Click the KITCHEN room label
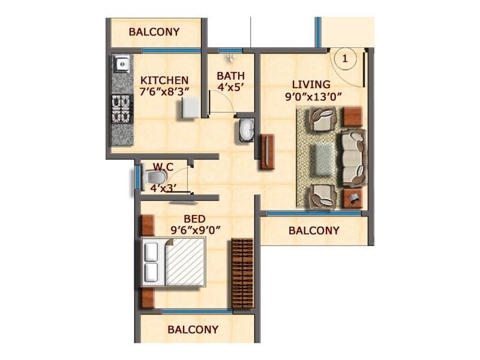pos(164,80)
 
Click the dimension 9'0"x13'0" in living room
pos(311,97)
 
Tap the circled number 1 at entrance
pos(345,58)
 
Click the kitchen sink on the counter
pos(122,62)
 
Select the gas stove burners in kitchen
pos(122,108)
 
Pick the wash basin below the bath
pos(247,130)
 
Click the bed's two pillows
pos(151,263)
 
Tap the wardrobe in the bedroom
pos(242,274)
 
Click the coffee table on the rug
pos(325,158)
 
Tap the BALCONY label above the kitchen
pos(154,32)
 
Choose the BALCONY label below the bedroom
pos(193,329)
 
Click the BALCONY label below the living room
pos(314,230)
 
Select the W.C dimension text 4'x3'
pos(161,188)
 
